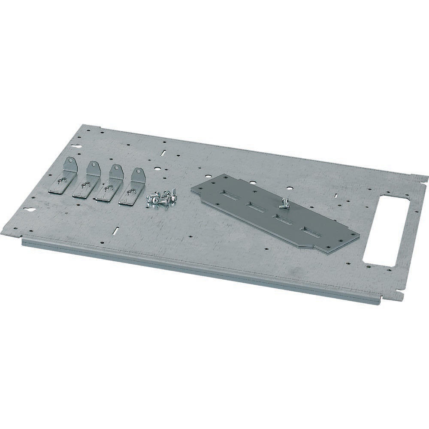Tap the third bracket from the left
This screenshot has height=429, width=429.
tap(110, 184)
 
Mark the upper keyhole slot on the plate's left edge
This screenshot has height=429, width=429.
tap(78, 146)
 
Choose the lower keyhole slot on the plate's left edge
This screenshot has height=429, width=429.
tap(30, 210)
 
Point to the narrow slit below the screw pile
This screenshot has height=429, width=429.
tap(115, 230)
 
